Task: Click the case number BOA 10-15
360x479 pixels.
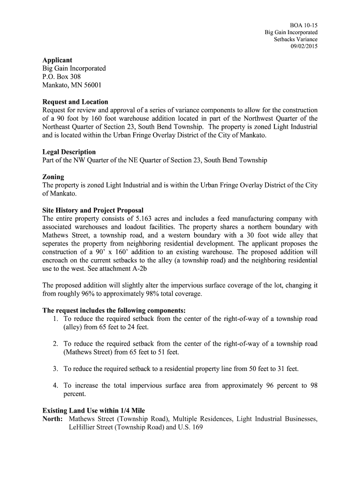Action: click(x=304, y=25)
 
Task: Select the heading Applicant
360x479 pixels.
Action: click(x=57, y=60)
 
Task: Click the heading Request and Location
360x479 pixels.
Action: click(x=75, y=102)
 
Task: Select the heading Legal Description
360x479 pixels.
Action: click(x=69, y=152)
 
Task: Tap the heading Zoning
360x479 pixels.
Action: click(x=53, y=177)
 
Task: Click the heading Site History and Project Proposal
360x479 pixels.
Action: click(x=93, y=210)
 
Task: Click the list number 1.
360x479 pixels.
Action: click(x=55, y=319)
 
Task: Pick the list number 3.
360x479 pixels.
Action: click(x=55, y=369)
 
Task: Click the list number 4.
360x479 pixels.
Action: click(x=55, y=386)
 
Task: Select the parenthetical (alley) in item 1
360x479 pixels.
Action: click(x=74, y=327)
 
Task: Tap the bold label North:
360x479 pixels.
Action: click(x=52, y=419)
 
